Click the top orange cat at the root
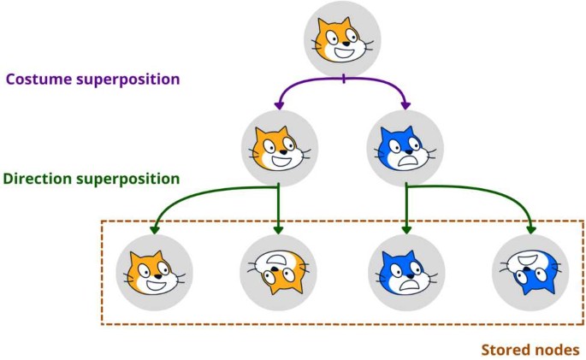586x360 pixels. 342,38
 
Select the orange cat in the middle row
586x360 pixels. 279,145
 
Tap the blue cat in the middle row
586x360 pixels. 405,145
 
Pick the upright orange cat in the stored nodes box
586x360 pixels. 155,272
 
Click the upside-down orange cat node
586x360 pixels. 278,272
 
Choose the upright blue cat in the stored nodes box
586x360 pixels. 406,272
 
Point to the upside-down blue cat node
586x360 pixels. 530,272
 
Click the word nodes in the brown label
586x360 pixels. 556,350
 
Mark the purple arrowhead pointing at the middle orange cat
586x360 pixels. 279,105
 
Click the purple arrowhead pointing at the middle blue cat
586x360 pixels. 405,105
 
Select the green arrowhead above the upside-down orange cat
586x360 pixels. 279,229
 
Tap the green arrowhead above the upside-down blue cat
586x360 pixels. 531,229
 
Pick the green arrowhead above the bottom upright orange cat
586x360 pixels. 155,229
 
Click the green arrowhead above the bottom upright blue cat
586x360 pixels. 406,229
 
